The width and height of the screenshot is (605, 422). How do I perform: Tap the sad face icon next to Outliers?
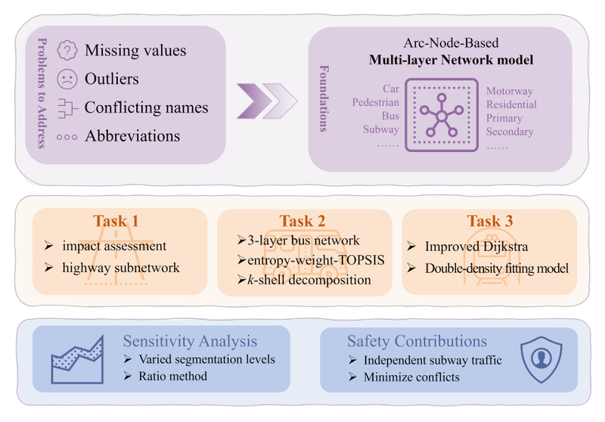[x=68, y=79]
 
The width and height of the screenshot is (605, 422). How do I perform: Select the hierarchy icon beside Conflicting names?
[x=68, y=107]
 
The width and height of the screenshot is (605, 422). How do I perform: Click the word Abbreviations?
[x=132, y=136]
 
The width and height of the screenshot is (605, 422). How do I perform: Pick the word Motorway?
[x=510, y=91]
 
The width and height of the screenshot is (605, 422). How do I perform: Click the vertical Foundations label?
[x=324, y=101]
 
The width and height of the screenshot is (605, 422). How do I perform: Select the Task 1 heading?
[x=116, y=221]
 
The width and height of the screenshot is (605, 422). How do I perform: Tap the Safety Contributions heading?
[x=417, y=342]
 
